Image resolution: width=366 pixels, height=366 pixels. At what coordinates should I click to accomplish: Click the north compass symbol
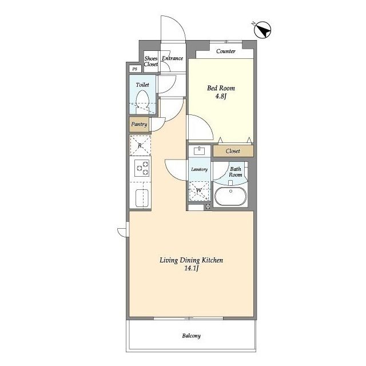click(262, 30)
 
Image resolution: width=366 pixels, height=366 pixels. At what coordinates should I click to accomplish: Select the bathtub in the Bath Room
click(230, 196)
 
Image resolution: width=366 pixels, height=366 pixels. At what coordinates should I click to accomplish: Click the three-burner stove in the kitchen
click(142, 168)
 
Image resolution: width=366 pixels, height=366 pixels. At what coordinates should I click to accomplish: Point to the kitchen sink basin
click(142, 198)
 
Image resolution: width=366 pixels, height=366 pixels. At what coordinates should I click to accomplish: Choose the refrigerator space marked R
click(140, 145)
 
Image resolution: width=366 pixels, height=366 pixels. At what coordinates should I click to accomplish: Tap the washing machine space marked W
click(199, 190)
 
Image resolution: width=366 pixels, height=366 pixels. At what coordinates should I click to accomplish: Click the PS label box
click(135, 69)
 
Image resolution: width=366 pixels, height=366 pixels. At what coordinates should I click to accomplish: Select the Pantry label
click(139, 124)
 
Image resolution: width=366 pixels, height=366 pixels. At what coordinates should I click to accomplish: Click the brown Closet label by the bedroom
click(233, 151)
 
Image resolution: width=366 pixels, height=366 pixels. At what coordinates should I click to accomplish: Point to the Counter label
click(226, 51)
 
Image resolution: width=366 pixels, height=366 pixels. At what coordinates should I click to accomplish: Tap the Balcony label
click(192, 336)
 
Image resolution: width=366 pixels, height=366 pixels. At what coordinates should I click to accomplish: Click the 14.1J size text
click(192, 268)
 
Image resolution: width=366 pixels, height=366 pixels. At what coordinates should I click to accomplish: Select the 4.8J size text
click(221, 96)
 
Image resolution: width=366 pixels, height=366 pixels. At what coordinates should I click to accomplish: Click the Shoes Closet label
click(151, 61)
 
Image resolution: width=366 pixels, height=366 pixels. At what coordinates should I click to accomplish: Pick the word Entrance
click(173, 58)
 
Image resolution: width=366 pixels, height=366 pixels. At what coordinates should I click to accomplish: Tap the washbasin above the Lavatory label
click(200, 151)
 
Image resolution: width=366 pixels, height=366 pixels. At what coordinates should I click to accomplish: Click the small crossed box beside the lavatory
click(208, 206)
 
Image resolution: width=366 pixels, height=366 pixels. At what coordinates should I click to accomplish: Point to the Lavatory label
click(200, 169)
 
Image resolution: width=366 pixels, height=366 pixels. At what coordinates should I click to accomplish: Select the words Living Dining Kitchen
click(191, 260)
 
